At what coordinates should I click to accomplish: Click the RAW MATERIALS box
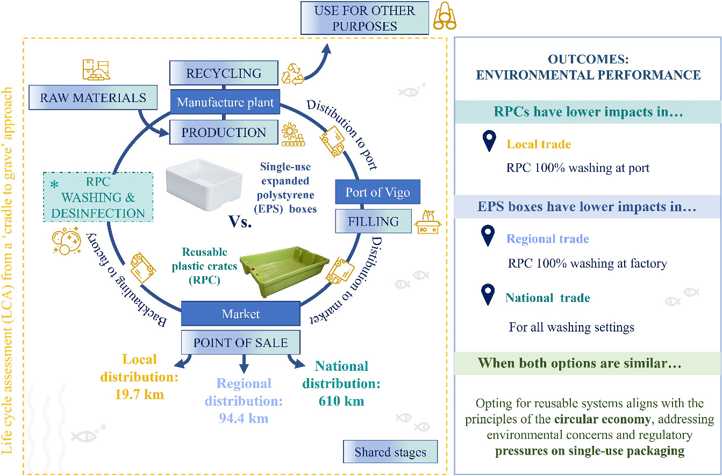click(93, 98)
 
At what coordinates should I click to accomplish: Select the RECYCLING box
click(224, 73)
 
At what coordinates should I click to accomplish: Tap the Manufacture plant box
click(225, 102)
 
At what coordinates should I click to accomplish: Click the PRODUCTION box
click(224, 132)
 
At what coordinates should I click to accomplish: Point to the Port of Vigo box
click(377, 192)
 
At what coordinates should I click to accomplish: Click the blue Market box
click(240, 314)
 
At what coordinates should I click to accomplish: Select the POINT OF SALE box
click(240, 343)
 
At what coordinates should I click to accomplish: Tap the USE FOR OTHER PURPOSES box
click(364, 19)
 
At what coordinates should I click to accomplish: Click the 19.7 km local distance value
click(139, 395)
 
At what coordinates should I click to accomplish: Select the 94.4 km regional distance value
click(244, 418)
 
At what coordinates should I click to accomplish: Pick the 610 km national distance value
click(341, 401)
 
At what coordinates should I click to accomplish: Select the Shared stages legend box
click(390, 452)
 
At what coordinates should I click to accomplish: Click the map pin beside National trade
click(488, 295)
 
